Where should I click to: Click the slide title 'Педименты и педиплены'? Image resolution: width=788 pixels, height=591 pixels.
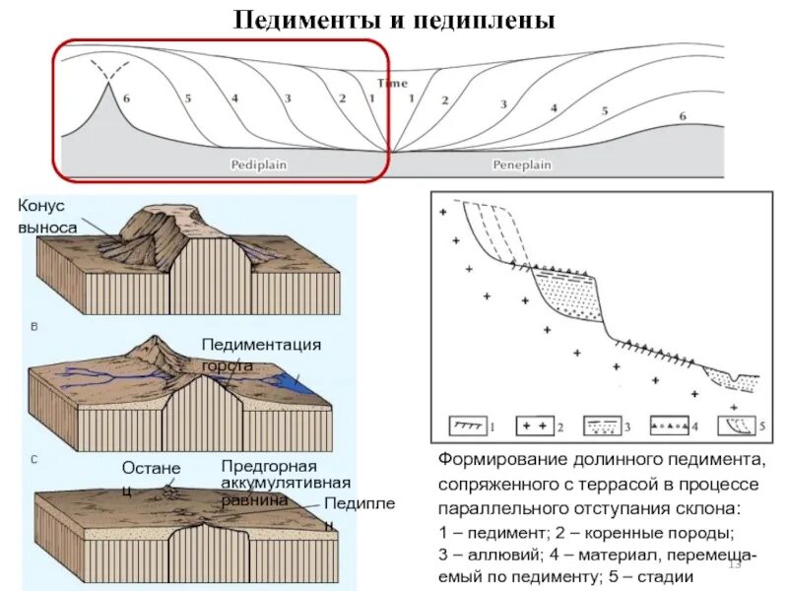(x=394, y=19)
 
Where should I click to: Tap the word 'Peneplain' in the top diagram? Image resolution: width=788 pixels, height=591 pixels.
(x=521, y=164)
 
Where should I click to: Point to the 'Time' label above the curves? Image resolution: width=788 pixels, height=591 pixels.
(x=393, y=84)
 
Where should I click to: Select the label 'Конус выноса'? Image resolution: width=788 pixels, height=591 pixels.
(x=46, y=216)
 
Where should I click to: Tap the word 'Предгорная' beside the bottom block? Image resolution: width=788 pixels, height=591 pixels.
(x=268, y=465)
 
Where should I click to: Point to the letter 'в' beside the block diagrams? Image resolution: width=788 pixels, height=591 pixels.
(x=34, y=325)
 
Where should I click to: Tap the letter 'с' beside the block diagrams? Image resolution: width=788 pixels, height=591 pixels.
(x=34, y=458)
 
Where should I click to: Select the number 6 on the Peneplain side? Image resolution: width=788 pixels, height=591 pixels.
(x=682, y=116)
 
